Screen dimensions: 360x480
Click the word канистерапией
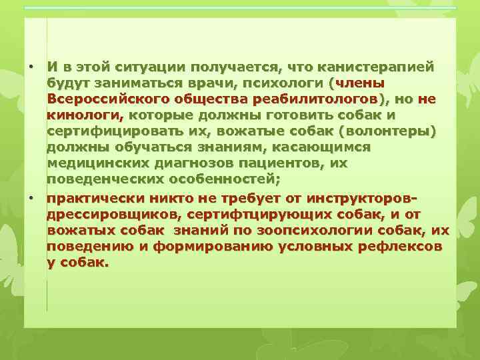pos(377,67)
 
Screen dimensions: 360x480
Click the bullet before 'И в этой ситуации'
pos(31,67)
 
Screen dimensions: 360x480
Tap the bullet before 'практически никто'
pos(31,198)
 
